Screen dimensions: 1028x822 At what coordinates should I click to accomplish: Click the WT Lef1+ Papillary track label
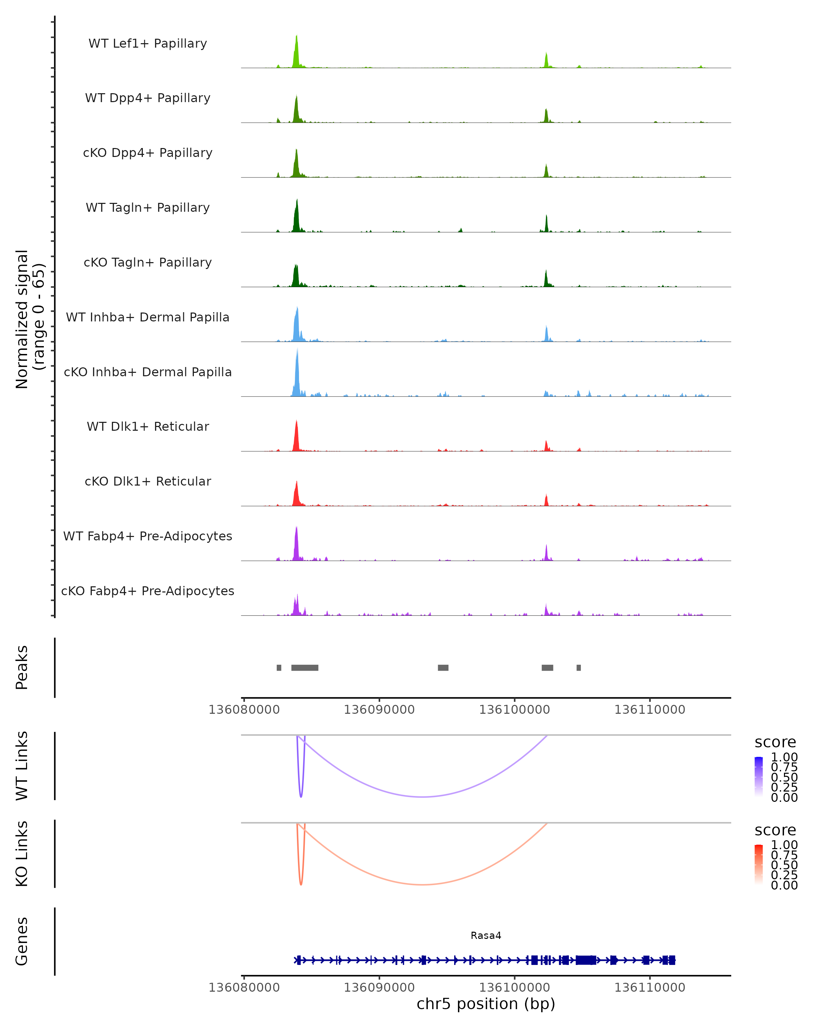(x=148, y=44)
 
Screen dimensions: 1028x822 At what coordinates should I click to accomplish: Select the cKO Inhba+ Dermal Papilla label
(x=148, y=372)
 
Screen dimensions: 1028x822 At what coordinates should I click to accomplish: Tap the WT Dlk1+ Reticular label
(x=148, y=426)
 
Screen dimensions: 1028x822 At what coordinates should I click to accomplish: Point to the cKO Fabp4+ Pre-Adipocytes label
(x=148, y=591)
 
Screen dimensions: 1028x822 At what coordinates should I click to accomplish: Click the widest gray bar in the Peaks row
(x=304, y=668)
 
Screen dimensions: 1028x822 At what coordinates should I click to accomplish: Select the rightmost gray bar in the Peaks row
(x=578, y=668)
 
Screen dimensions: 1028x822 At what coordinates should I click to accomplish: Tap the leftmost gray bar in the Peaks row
(x=279, y=668)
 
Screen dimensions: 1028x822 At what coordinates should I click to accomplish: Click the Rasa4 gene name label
(x=486, y=935)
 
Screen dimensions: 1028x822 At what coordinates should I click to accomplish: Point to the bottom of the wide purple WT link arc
(x=423, y=797)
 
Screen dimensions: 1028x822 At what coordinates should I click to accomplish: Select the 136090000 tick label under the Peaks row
(x=379, y=710)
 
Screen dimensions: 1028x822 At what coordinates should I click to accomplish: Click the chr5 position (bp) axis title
(x=486, y=1004)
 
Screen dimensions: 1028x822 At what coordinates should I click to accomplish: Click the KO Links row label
(x=22, y=854)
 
